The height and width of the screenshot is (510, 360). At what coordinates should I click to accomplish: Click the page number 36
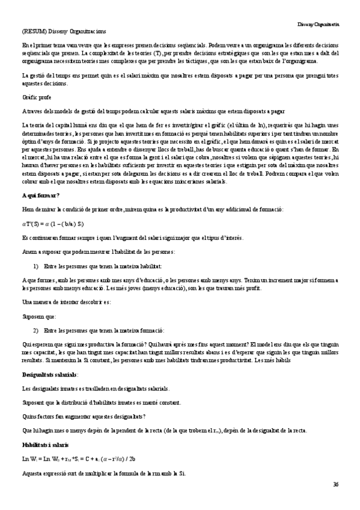335,484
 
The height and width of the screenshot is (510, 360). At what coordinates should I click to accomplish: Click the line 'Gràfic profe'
37,97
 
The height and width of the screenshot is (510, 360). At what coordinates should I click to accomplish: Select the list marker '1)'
35,266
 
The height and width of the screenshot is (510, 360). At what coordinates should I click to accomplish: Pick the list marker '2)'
35,331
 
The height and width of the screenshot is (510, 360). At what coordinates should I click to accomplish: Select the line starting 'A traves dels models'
153,111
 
